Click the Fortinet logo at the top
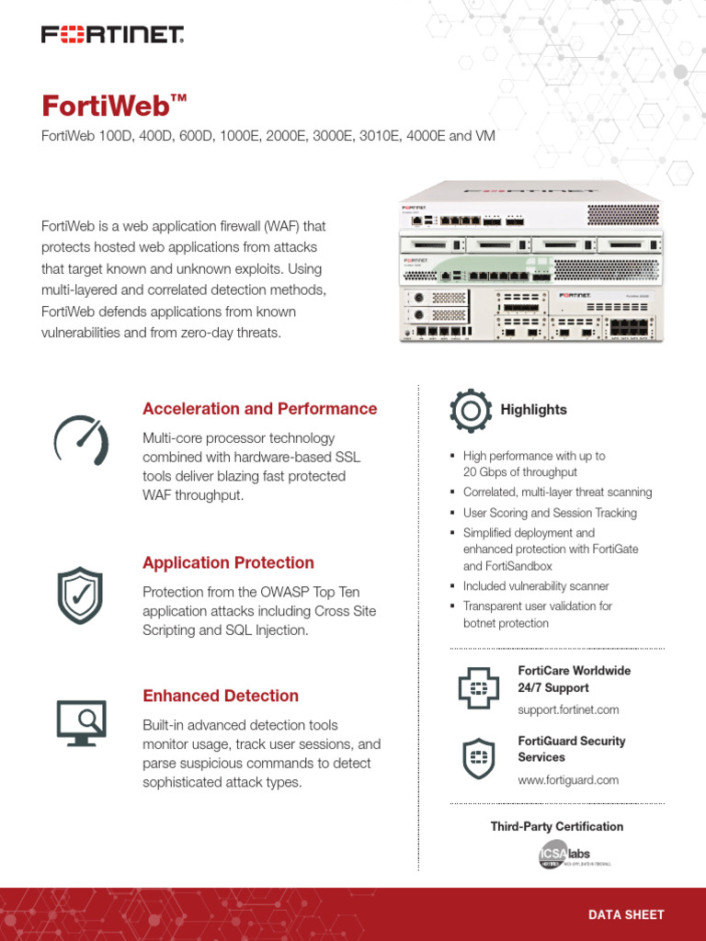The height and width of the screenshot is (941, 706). (113, 35)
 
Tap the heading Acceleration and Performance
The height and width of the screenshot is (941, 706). (259, 409)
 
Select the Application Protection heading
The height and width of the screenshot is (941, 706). (228, 562)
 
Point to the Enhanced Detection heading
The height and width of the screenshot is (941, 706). (221, 696)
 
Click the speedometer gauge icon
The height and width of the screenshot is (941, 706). (81, 441)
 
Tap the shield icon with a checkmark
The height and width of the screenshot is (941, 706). (81, 595)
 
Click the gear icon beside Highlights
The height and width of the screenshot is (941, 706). (471, 410)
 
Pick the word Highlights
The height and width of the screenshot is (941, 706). (533, 410)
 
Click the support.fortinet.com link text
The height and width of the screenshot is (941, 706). (568, 709)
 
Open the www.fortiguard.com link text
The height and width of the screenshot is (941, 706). (568, 780)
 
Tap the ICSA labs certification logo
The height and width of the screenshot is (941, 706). (574, 856)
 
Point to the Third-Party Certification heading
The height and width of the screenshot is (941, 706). (556, 826)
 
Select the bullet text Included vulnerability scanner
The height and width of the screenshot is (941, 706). (536, 586)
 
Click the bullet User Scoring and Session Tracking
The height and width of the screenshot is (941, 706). (550, 513)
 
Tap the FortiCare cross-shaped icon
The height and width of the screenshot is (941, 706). (477, 688)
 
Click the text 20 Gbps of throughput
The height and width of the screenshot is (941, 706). (519, 472)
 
